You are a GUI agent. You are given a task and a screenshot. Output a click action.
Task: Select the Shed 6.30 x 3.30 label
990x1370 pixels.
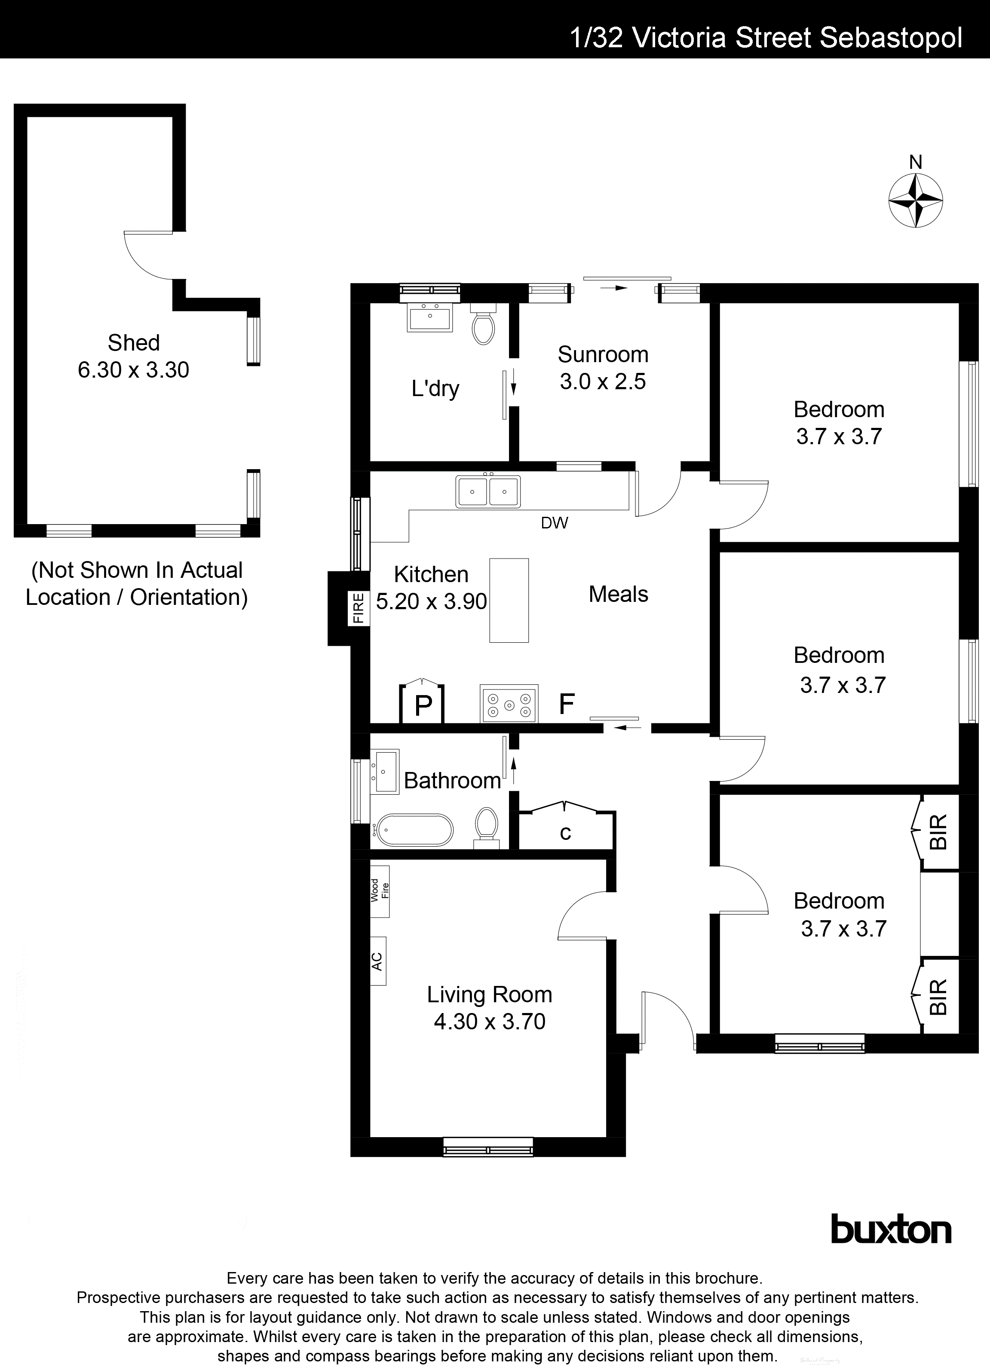[134, 357]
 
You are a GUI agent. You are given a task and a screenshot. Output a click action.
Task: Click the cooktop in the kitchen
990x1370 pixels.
[509, 704]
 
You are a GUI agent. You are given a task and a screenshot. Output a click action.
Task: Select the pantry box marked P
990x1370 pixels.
[423, 704]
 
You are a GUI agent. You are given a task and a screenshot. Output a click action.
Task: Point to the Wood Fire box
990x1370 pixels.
[380, 891]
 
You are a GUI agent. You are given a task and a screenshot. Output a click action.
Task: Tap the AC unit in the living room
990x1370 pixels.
[378, 961]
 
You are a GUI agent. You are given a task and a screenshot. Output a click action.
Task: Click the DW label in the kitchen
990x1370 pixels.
[554, 523]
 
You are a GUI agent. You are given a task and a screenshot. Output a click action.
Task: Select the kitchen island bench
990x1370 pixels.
[509, 600]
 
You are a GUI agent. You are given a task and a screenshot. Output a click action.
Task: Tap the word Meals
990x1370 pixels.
[618, 595]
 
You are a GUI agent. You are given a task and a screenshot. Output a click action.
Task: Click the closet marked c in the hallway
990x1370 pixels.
[566, 833]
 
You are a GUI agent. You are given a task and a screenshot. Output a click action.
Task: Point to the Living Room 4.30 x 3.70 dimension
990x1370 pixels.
[490, 1022]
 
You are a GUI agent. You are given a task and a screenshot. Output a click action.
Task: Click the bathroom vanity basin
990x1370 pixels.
[386, 771]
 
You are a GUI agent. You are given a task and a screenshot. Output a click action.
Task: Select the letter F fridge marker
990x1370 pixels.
[566, 704]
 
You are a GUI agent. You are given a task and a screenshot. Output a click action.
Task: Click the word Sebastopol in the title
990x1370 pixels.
[890, 38]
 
